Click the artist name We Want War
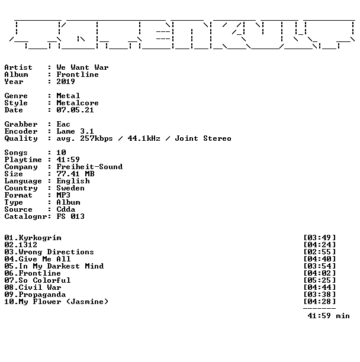[82, 67]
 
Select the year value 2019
[66, 82]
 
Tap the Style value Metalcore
[78, 103]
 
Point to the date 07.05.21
[75, 110]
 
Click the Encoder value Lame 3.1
[75, 131]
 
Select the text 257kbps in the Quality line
[97, 138]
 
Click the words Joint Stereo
[203, 138]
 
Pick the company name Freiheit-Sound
[89, 167]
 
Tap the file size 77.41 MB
[76, 174]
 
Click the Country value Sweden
[70, 188]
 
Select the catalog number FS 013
[70, 216]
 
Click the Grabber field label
[21, 124]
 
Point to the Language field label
[23, 181]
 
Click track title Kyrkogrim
[40, 238]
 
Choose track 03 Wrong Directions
[49, 252]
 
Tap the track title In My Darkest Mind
[61, 266]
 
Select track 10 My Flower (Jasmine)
[56, 302]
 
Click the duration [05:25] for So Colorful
[320, 280]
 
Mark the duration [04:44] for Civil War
[320, 287]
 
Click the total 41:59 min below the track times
[329, 316]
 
